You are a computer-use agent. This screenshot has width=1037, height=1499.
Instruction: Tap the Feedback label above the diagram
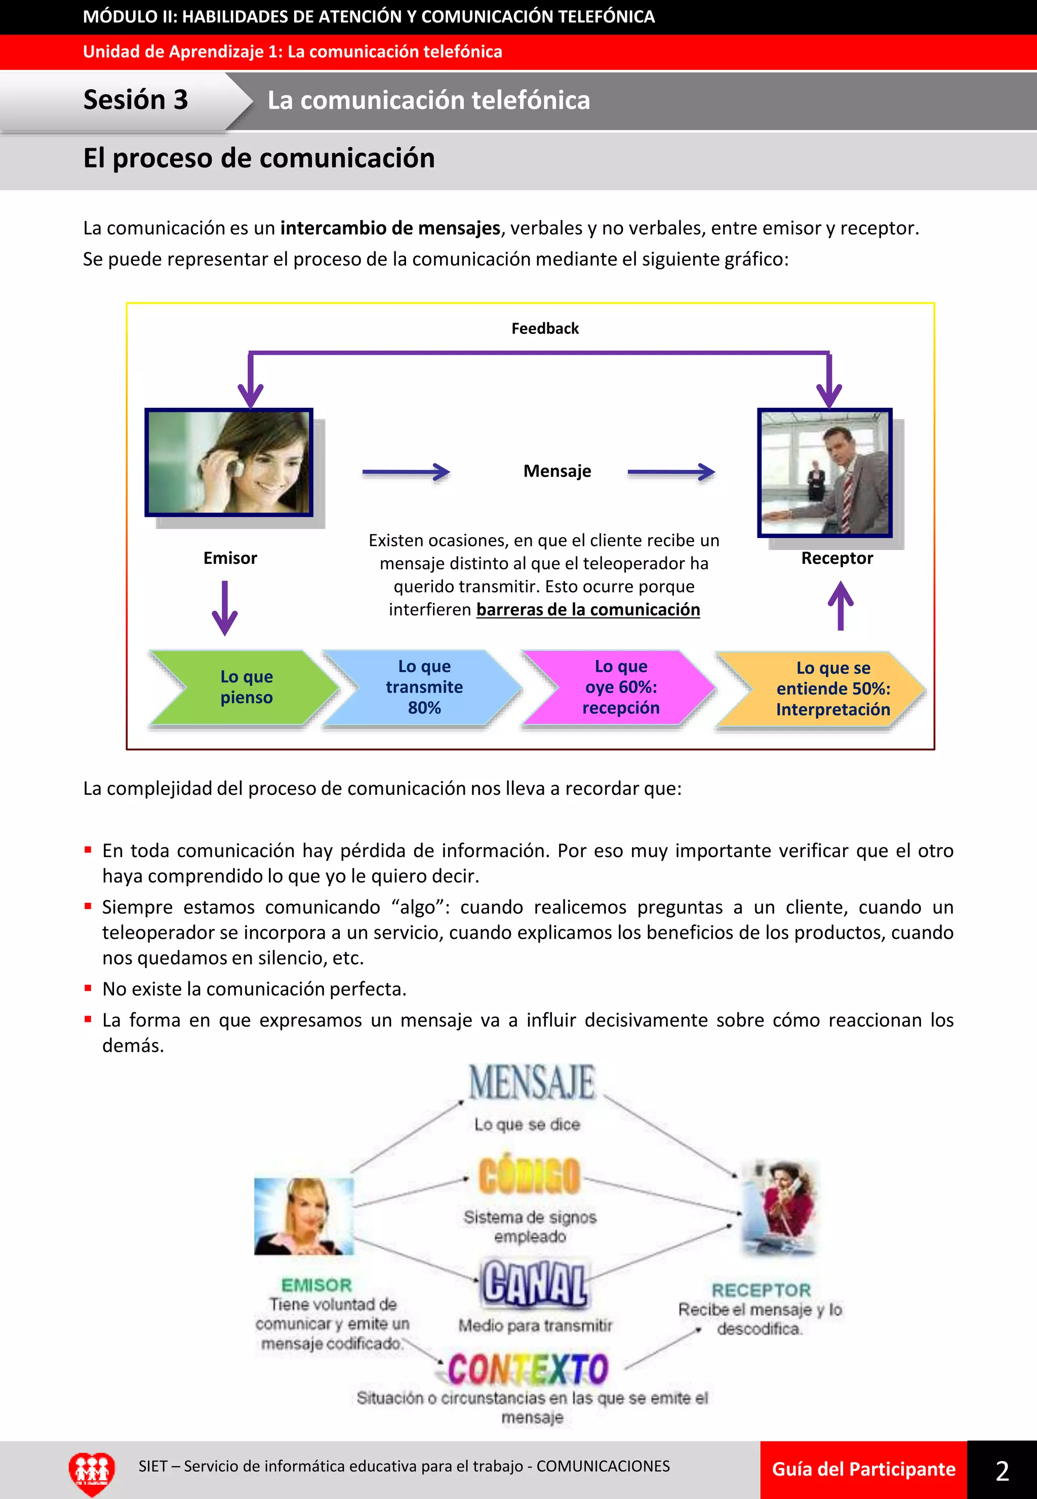544,329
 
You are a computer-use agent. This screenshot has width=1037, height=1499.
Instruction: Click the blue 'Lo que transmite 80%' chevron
424,687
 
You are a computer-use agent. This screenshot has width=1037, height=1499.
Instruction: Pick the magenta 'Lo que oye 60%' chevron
620,687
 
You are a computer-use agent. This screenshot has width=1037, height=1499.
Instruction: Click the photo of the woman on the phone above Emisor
229,462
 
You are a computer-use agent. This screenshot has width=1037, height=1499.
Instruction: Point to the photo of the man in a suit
824,473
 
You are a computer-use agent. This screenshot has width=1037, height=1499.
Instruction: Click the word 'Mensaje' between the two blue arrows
557,471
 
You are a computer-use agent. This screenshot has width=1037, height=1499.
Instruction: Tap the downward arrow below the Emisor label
225,608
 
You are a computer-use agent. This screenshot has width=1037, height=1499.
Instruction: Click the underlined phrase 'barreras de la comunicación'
587,610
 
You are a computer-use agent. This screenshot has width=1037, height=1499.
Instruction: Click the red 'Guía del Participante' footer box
863,1470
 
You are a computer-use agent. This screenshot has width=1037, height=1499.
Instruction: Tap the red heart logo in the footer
92,1472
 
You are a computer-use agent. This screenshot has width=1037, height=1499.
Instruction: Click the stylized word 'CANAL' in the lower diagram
534,1283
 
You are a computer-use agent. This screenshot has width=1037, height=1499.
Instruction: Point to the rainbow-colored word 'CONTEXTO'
528,1369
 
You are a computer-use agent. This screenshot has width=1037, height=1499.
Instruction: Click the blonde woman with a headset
303,1216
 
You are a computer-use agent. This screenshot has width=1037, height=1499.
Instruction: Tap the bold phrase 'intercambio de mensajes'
390,228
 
